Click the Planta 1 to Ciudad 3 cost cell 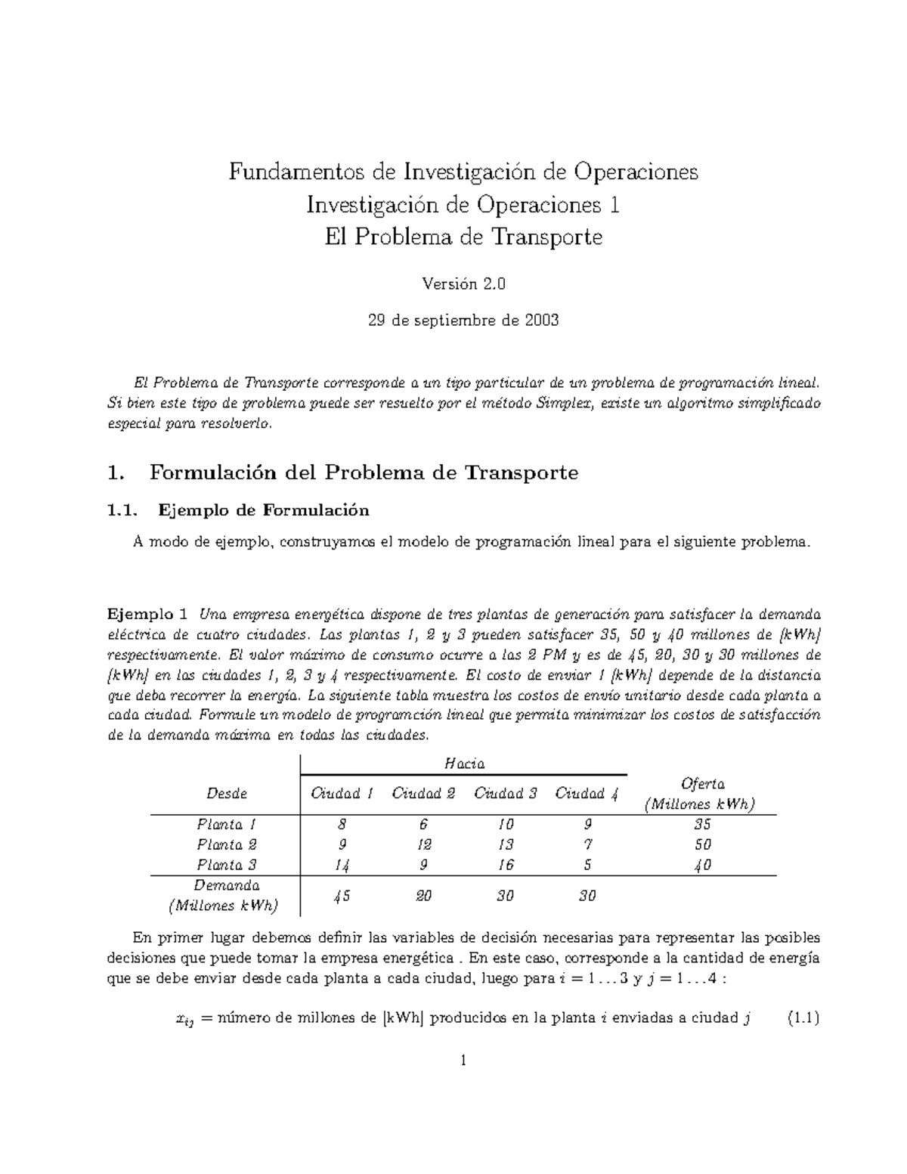click(506, 824)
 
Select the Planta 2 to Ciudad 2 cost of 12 click(423, 844)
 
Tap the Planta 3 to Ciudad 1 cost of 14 click(342, 866)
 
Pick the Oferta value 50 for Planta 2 click(703, 844)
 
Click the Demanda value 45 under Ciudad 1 click(342, 896)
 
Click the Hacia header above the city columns click(464, 764)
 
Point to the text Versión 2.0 click(463, 285)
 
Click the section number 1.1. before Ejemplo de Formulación click(124, 510)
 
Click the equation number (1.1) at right click(803, 1018)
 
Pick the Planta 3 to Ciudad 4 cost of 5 click(587, 866)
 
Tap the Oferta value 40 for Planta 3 click(703, 866)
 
